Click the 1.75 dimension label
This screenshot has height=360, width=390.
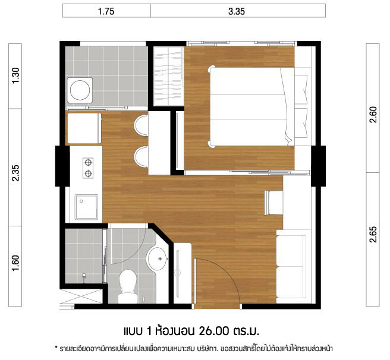coord(106,11)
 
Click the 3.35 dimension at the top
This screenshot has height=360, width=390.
coord(237,11)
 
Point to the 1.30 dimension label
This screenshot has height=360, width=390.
coord(15,75)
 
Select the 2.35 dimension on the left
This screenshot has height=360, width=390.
coord(15,173)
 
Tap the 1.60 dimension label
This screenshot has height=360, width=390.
coord(15,263)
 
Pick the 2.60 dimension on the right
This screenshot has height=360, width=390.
coord(373,115)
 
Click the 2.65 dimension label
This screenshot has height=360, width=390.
coord(373,234)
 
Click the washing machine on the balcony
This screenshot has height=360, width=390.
coord(80,90)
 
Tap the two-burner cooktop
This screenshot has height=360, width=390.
coord(88,168)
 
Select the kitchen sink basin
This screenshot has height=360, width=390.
coord(86,207)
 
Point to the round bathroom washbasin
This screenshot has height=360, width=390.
coord(157,258)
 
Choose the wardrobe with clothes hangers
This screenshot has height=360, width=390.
coord(169,76)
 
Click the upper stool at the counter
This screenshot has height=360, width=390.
coord(141,125)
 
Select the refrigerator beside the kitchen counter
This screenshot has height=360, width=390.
coord(84,128)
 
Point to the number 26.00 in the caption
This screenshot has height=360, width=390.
coord(213,331)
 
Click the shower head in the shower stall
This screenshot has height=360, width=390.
coord(84,277)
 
